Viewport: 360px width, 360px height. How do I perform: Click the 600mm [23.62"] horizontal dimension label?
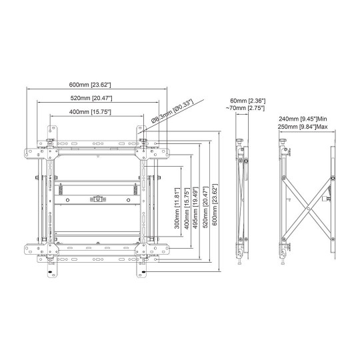(90, 85)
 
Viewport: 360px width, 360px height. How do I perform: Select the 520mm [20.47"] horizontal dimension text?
(91, 98)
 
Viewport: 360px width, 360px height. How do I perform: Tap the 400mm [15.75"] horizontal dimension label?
(90, 112)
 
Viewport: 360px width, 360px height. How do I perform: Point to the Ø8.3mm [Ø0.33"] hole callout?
(172, 111)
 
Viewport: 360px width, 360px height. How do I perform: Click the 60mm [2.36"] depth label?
(248, 101)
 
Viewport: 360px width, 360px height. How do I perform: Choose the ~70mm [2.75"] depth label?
(245, 108)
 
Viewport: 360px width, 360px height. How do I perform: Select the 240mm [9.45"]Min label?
(303, 119)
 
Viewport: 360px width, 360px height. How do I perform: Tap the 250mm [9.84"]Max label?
(303, 127)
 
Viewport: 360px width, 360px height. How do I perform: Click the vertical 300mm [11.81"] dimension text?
(177, 208)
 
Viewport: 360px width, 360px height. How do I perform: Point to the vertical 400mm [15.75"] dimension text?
(187, 208)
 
